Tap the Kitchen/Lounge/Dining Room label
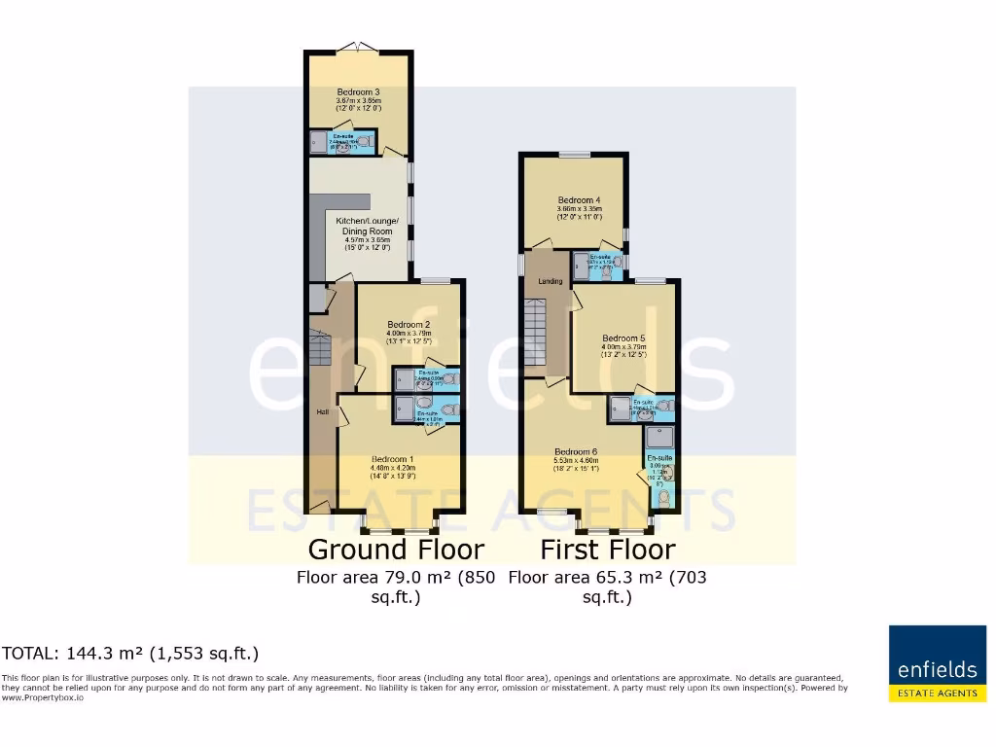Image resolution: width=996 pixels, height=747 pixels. click(x=367, y=227)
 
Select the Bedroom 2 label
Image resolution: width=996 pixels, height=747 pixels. click(x=409, y=324)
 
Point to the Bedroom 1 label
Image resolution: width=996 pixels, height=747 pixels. click(x=393, y=458)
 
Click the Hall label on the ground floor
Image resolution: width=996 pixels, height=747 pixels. click(x=321, y=412)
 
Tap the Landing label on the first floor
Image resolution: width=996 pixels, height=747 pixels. click(x=551, y=282)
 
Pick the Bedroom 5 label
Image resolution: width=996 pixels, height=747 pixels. click(x=622, y=338)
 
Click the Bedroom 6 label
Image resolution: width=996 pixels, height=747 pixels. click(x=576, y=451)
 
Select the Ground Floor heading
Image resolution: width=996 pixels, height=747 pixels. click(x=396, y=549)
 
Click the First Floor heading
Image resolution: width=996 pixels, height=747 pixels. click(x=608, y=549)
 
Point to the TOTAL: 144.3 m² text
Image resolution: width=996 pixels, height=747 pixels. click(x=130, y=653)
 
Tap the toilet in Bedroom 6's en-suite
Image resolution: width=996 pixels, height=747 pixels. click(x=663, y=498)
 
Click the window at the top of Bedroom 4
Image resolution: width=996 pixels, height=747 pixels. click(x=574, y=154)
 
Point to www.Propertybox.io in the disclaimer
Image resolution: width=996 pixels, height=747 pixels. click(x=42, y=697)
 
